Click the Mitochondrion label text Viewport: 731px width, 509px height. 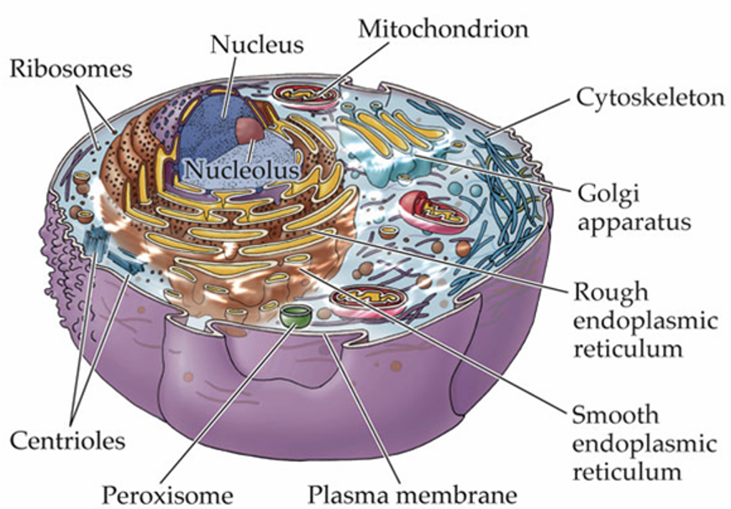tap(444, 29)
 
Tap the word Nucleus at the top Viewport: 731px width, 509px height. tap(257, 45)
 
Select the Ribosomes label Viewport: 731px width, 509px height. tap(71, 69)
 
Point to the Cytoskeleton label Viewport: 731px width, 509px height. tap(651, 98)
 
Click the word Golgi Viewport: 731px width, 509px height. tap(609, 194)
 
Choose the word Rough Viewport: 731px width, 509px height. tap(611, 293)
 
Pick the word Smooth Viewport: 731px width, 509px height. tap(615, 414)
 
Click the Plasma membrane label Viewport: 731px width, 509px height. tap(413, 495)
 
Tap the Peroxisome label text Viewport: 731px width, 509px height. tap(167, 495)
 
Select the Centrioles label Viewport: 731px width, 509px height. tap(68, 440)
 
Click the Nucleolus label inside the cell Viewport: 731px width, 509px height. tap(241, 169)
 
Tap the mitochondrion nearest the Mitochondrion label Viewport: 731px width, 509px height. tap(307, 96)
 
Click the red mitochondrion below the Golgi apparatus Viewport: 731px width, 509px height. tap(432, 212)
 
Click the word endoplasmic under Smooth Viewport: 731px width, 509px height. tap(644, 444)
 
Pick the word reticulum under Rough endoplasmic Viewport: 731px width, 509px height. tap(628, 349)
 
